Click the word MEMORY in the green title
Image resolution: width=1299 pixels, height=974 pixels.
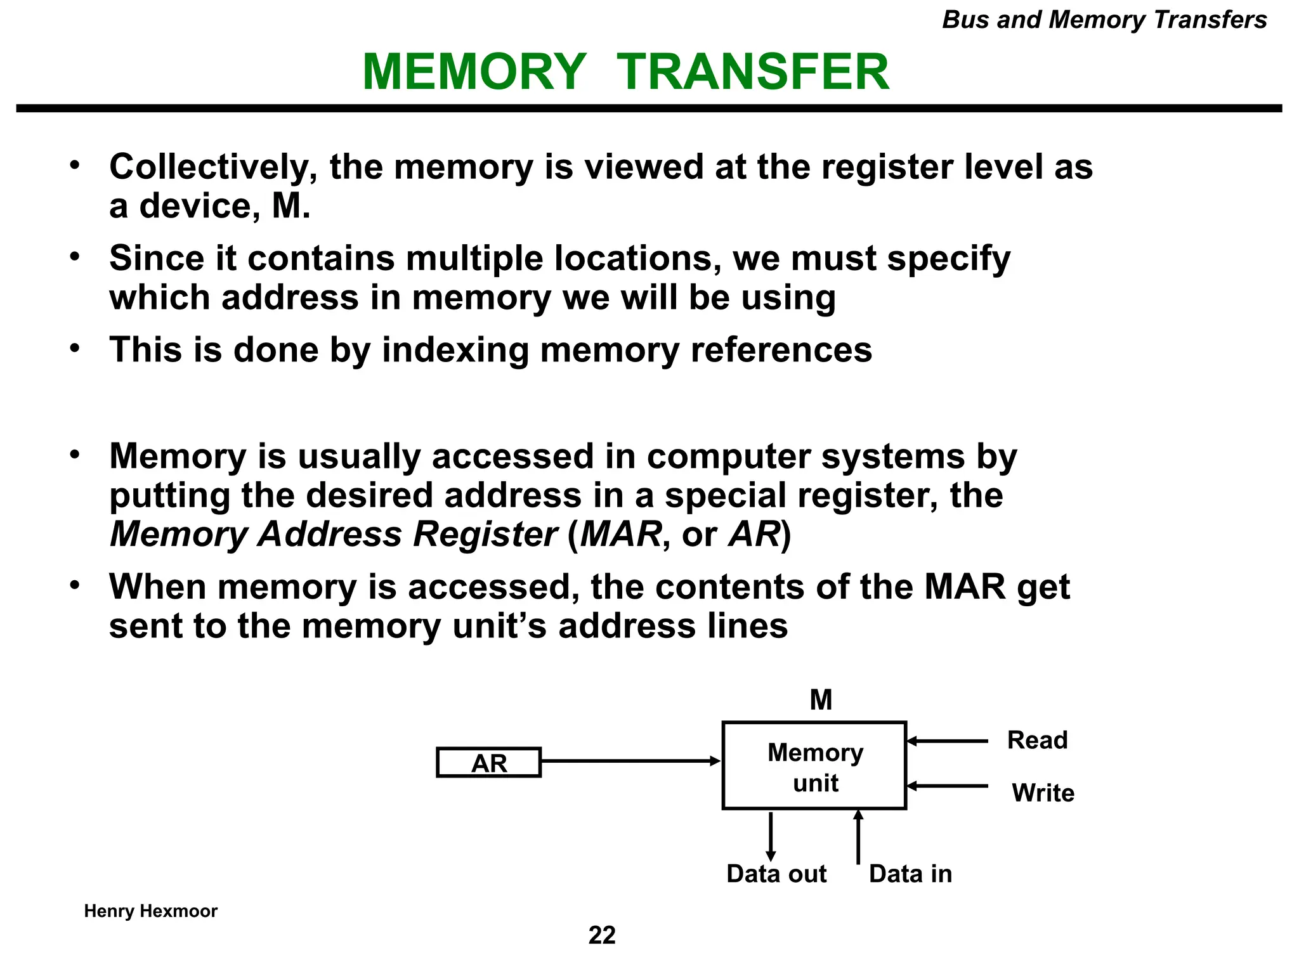[474, 72]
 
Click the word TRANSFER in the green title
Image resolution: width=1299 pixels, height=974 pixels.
[753, 72]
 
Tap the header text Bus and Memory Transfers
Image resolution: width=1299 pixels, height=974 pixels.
[1104, 20]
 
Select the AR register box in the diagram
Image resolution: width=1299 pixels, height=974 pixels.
[488, 762]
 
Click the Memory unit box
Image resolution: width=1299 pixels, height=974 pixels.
[814, 765]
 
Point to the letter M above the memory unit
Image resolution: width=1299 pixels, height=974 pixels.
[821, 700]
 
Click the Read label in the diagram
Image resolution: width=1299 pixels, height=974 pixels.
[1037, 740]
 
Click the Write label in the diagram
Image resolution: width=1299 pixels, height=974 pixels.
[1043, 793]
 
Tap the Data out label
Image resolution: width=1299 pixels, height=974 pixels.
[776, 874]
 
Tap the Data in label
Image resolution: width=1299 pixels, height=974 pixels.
[910, 874]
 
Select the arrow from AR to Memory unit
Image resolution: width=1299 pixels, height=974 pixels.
[631, 761]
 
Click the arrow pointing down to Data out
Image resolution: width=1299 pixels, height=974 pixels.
[771, 836]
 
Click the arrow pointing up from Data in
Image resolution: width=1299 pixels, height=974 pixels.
[858, 837]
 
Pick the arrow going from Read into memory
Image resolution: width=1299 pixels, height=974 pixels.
[947, 741]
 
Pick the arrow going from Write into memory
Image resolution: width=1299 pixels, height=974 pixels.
[947, 786]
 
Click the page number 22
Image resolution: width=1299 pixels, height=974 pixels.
[602, 935]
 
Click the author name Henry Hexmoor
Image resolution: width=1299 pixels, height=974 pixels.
[150, 911]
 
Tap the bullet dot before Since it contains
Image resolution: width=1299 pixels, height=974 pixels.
[75, 257]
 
